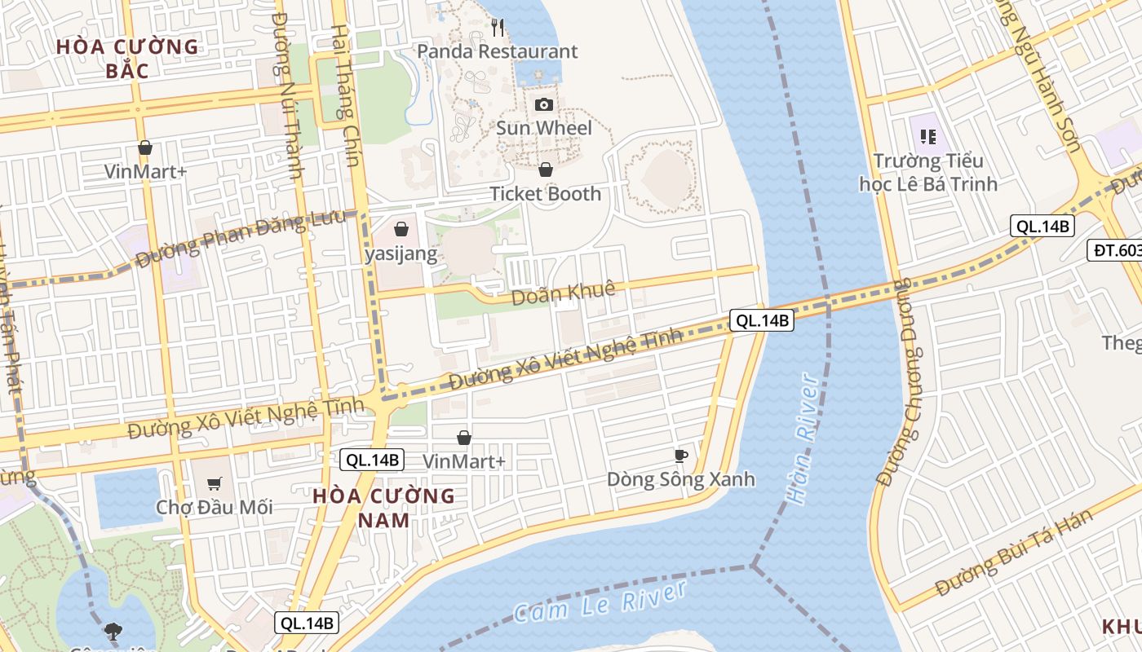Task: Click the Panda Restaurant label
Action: point(498,51)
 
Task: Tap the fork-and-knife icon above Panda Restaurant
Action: point(498,28)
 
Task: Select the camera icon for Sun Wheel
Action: point(544,104)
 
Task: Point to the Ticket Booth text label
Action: point(545,194)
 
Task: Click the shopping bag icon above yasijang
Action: point(401,229)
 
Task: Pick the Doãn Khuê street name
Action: point(563,293)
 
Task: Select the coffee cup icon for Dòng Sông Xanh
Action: point(681,456)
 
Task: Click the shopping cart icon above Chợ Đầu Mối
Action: point(215,484)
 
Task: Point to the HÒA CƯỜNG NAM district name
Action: point(383,508)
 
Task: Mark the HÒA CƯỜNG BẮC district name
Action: point(127,59)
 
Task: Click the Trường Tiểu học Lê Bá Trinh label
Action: point(927,172)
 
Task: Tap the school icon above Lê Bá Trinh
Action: point(927,136)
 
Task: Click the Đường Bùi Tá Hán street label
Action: point(1013,553)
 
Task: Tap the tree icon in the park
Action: point(113,630)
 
